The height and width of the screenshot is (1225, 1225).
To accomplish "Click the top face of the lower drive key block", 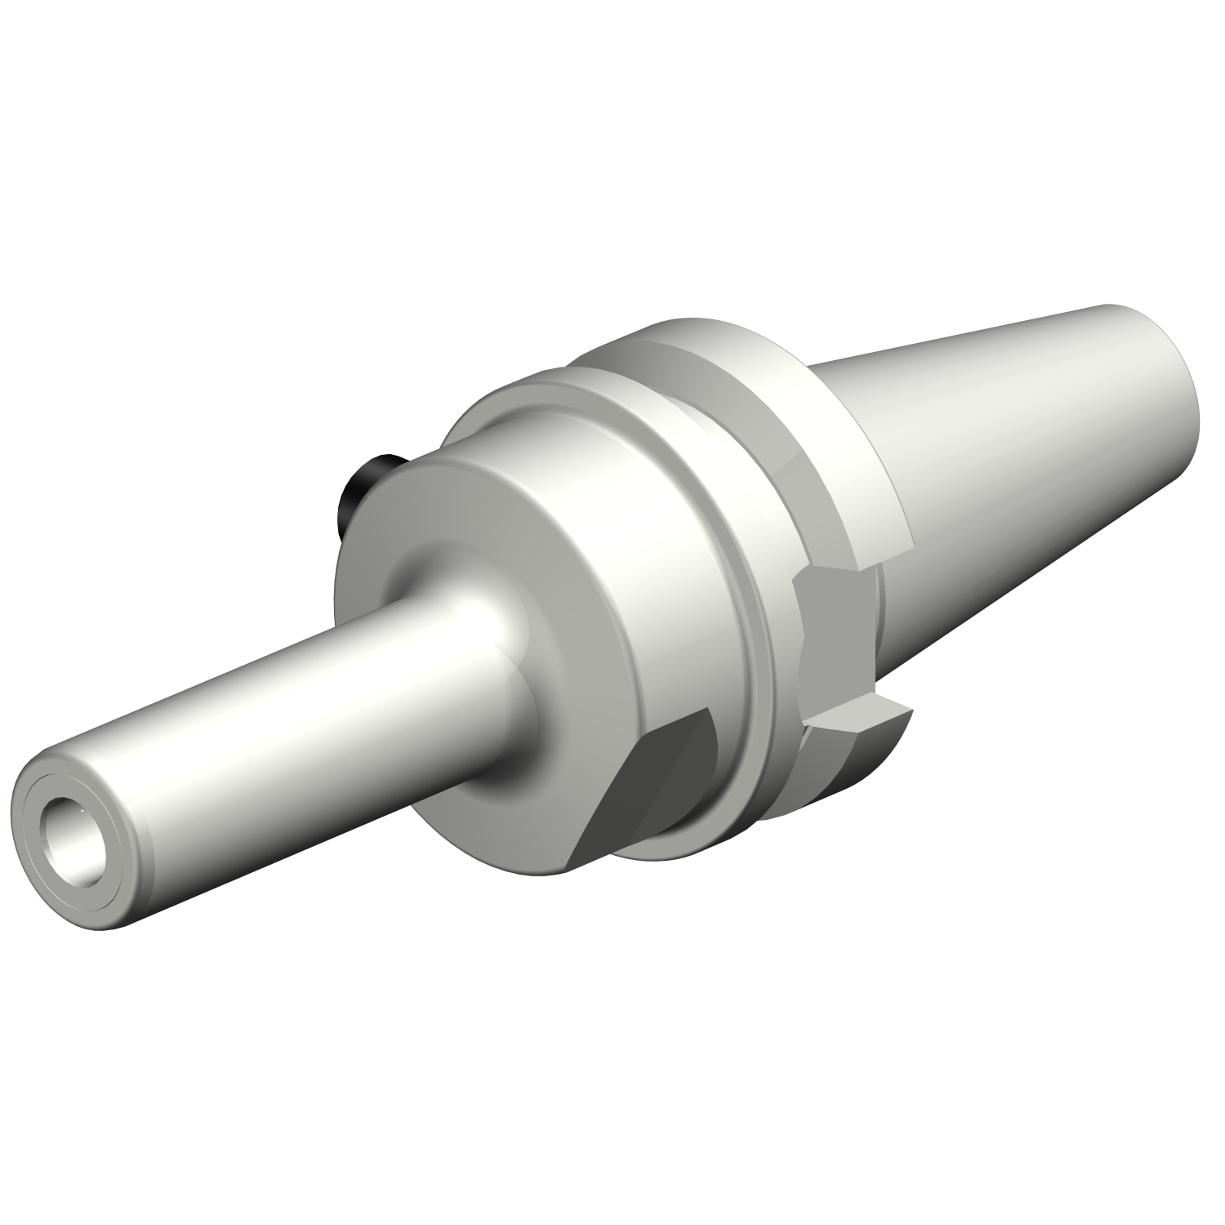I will pos(857,719).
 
